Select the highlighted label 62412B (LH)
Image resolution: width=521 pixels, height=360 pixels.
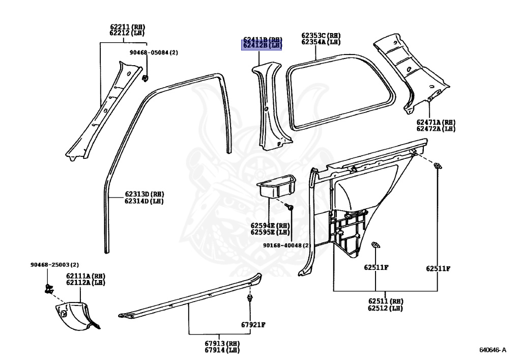262,46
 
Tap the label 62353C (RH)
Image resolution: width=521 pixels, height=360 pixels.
321,36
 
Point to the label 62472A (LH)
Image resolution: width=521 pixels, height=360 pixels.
435,129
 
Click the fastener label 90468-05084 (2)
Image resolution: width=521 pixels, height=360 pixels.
153,52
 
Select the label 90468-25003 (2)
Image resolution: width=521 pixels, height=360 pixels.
54,265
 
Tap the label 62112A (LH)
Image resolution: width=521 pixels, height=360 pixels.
85,283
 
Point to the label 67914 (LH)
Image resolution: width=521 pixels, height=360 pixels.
222,350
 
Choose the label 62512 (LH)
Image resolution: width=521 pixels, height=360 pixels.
385,309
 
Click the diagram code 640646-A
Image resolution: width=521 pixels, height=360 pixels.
493,350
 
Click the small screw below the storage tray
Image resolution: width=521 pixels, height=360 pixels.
291,207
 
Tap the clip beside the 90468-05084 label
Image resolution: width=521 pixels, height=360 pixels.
146,77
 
